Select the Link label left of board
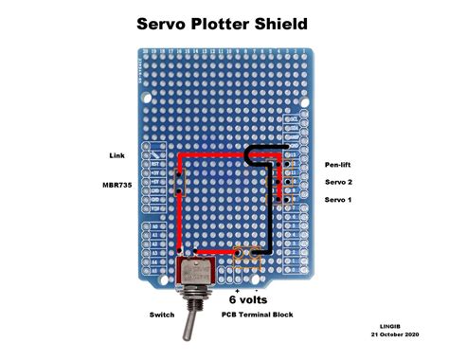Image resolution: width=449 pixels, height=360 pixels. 118,154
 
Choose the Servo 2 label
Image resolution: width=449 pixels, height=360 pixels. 338,182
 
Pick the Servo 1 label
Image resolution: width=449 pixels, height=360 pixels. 338,200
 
